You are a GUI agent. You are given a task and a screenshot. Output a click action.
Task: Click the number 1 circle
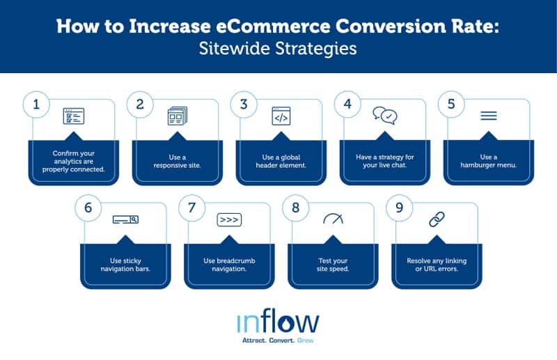(37, 104)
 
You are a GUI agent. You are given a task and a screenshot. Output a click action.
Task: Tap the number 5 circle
(451, 104)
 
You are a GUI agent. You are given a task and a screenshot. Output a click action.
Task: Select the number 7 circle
(192, 208)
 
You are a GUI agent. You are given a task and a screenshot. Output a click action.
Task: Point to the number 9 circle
(400, 208)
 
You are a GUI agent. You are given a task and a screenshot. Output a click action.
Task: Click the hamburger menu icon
(489, 116)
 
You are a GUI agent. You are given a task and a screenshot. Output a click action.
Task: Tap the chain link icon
(437, 220)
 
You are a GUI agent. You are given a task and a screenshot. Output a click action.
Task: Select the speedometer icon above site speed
(333, 219)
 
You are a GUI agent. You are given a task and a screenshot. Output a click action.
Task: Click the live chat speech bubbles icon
(384, 116)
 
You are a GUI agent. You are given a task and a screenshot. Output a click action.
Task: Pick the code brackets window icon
(281, 116)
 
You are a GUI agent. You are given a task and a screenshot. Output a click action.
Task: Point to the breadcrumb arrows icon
(229, 220)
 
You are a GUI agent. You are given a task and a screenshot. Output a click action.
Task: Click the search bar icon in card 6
(125, 220)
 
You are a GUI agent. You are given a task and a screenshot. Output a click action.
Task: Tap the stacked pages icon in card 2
(177, 116)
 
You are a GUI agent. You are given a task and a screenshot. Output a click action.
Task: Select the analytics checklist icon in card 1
(73, 116)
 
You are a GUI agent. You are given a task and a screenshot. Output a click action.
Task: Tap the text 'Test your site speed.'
(333, 265)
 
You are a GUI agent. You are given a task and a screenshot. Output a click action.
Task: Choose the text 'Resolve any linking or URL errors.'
(437, 265)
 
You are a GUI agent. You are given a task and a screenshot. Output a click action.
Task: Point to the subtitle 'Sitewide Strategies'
(278, 50)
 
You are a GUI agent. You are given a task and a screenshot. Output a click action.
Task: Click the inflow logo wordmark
(278, 322)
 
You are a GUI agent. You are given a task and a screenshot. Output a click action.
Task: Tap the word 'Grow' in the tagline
(306, 341)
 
